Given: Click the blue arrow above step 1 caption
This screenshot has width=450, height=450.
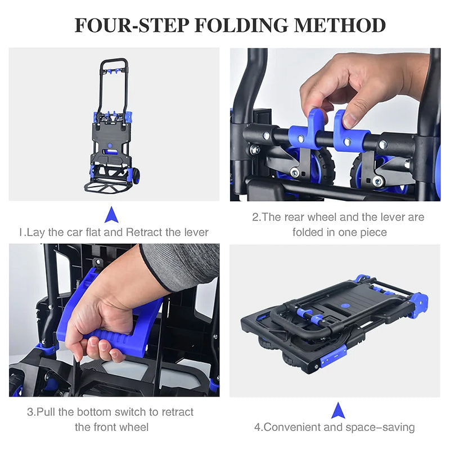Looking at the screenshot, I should point(111,214).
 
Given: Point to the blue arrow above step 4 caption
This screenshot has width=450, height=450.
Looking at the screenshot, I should point(337,410).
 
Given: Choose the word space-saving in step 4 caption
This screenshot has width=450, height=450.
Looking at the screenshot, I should point(381,427).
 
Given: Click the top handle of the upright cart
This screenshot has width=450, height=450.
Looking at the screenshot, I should point(114,61).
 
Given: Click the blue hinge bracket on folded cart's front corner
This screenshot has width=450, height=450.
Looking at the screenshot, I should point(333,355).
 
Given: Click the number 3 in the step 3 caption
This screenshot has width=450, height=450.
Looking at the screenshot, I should point(30,412).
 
